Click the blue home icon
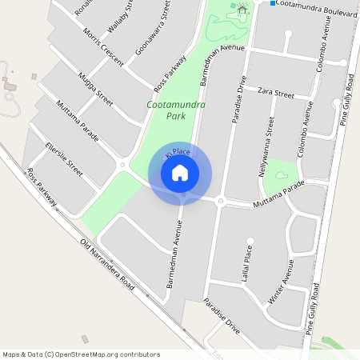(180, 173)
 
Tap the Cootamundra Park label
(177, 110)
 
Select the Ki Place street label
(177, 151)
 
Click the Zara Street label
(276, 94)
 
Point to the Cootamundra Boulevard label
(314, 5)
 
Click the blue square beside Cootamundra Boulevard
(273, 4)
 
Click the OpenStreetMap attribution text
(81, 354)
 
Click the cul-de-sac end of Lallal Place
(250, 239)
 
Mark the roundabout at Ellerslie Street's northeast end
(122, 166)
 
